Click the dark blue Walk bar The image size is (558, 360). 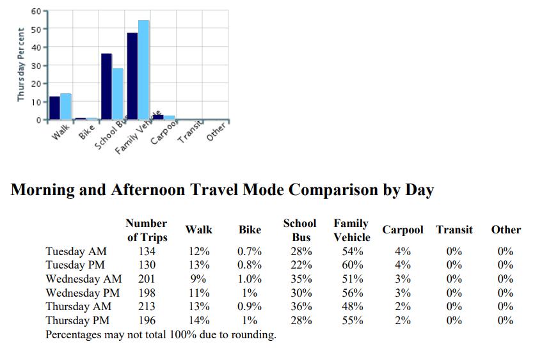click(54, 108)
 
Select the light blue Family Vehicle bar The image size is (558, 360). click(144, 70)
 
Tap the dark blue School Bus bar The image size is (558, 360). click(106, 86)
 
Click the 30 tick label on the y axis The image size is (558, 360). click(35, 65)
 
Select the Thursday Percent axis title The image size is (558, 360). click(20, 64)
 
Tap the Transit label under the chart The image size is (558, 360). click(190, 132)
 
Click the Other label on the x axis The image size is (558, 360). click(218, 131)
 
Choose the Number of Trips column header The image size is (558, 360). click(147, 230)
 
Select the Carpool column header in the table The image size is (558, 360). click(403, 230)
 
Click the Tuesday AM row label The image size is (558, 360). click(76, 251)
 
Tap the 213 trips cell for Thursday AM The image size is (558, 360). click(147, 306)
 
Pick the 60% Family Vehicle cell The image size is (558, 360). click(352, 265)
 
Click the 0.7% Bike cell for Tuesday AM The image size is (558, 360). click(250, 251)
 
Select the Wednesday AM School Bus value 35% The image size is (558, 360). click(300, 279)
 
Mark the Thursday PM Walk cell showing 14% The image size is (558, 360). click(198, 320)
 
